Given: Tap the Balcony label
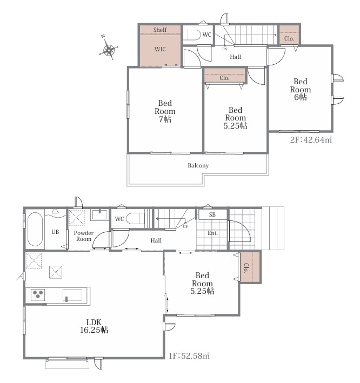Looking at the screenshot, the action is (198, 166).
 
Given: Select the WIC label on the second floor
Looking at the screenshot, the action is (160, 49).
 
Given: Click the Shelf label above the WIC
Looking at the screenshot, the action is (160, 30).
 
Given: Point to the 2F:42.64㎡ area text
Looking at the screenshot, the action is (311, 139).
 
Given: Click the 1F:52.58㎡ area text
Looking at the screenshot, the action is (189, 355).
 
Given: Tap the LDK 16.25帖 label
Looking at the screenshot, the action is (94, 326).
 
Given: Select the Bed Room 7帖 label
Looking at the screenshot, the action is (165, 111).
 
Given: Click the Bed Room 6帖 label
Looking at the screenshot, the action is (301, 89).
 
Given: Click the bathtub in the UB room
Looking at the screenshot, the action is (35, 229).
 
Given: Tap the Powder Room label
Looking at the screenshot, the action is (84, 236).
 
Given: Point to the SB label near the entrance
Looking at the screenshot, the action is (212, 214).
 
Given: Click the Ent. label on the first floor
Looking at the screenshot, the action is (212, 233).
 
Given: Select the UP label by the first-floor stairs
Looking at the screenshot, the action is (185, 227).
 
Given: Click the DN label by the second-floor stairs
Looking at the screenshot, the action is (225, 49).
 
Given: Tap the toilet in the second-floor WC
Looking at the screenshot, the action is (191, 35).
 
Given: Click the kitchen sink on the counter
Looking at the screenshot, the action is (72, 295).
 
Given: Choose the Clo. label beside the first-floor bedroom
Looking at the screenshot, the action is (246, 267).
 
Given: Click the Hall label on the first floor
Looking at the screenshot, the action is (156, 240).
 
